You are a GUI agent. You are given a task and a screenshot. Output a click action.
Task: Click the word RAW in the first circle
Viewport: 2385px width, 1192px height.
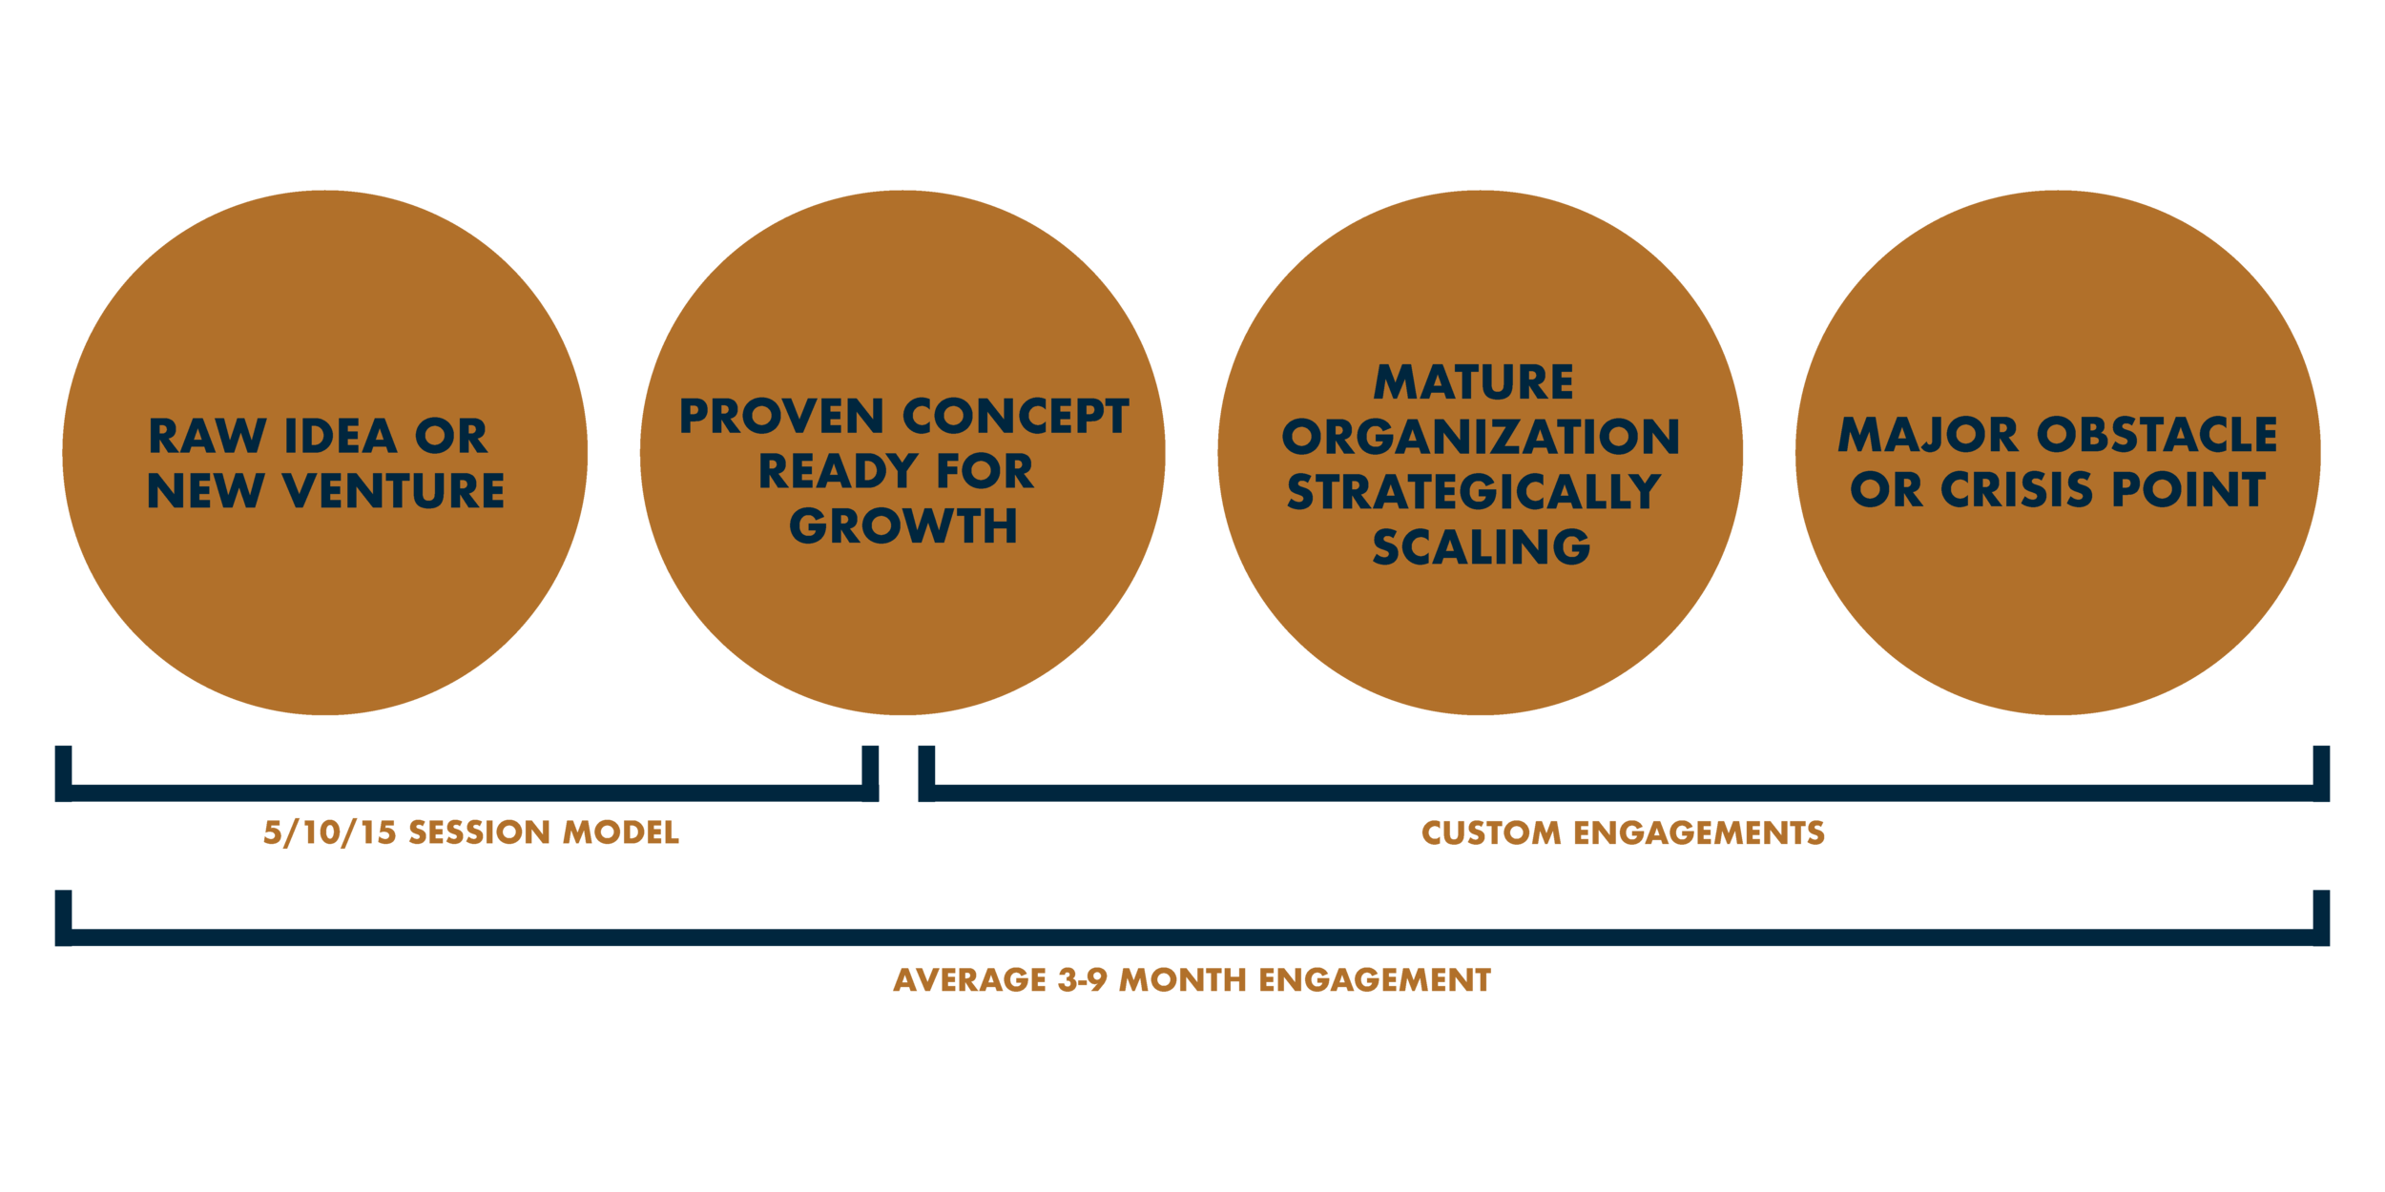click(x=207, y=437)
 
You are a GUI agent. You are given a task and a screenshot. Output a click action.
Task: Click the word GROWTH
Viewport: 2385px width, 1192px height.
click(x=903, y=526)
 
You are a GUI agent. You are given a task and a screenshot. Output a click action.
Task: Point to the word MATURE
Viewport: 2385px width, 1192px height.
click(x=1474, y=382)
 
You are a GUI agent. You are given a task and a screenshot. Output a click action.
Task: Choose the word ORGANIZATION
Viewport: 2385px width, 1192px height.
click(x=1481, y=438)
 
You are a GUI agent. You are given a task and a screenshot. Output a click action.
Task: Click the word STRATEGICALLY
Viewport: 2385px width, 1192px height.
click(x=1474, y=492)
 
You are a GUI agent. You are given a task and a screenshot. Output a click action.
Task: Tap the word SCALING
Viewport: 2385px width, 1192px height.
click(x=1482, y=547)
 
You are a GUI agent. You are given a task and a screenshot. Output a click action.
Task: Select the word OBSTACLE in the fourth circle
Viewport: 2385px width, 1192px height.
click(x=2157, y=436)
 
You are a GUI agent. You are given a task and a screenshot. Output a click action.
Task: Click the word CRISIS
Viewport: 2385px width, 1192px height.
click(x=2021, y=490)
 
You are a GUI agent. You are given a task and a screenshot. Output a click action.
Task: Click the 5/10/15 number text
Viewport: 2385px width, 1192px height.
click(x=329, y=832)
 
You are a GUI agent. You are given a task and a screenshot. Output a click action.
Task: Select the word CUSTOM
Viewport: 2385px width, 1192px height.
click(x=1491, y=833)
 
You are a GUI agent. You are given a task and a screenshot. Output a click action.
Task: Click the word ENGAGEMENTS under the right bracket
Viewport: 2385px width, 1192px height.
click(x=1699, y=833)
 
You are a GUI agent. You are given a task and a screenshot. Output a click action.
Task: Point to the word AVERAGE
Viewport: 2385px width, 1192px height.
click(x=969, y=980)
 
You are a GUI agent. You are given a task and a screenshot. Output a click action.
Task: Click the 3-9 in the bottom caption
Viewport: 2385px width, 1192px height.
click(x=1082, y=980)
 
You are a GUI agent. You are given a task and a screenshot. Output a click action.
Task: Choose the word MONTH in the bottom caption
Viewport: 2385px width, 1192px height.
click(x=1182, y=980)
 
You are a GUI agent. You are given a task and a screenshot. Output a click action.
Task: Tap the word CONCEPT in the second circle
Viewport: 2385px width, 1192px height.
click(x=1016, y=417)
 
